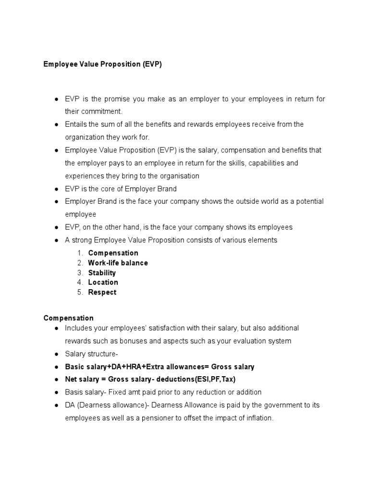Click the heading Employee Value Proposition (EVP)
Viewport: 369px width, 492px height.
[103, 64]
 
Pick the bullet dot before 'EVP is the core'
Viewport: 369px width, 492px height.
[56, 189]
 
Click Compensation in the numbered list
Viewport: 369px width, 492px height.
[113, 253]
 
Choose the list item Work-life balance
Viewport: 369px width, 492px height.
[118, 263]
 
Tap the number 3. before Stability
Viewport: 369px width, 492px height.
[80, 273]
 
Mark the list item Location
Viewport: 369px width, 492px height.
[103, 283]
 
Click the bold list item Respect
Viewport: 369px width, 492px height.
[102, 292]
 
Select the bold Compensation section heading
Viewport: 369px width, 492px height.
[68, 318]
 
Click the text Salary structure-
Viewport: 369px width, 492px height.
[91, 354]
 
